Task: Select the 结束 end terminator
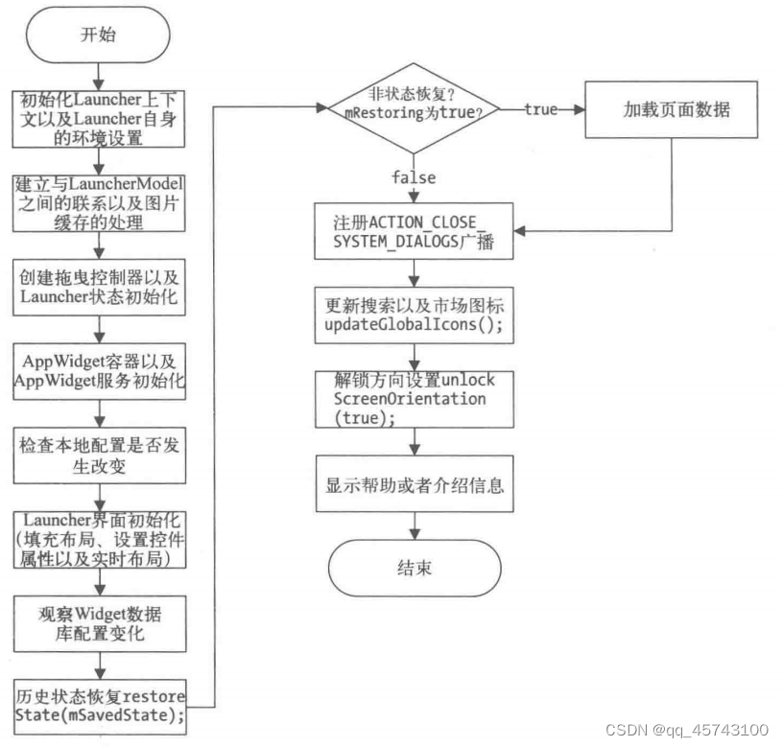tap(414, 568)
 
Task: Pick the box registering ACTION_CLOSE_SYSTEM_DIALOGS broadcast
tap(414, 230)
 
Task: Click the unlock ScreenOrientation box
tap(414, 398)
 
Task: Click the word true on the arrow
tap(540, 110)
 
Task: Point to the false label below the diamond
tap(414, 177)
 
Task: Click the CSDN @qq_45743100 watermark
tap(686, 729)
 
